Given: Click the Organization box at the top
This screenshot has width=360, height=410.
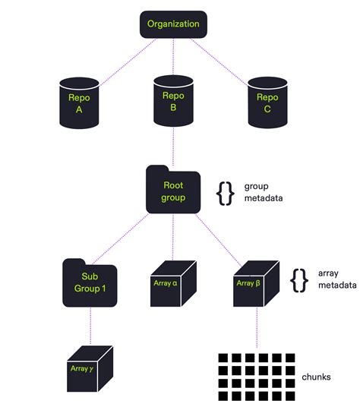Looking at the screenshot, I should coord(173,24).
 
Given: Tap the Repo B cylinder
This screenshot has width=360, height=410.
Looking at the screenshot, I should coord(173,102).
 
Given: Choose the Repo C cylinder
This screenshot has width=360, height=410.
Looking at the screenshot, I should coord(267,102).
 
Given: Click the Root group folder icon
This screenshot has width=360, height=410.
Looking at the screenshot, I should coord(173,191).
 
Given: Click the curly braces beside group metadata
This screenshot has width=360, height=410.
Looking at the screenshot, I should coord(225,193).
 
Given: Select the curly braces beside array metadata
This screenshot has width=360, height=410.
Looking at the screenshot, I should coord(299,279).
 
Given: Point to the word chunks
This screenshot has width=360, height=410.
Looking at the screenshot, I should coord(317,376).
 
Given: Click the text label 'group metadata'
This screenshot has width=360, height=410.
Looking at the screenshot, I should coord(263,192).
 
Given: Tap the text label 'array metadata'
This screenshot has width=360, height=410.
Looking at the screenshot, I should coord(336,279).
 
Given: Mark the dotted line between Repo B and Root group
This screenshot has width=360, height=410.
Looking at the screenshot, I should coord(173,148).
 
